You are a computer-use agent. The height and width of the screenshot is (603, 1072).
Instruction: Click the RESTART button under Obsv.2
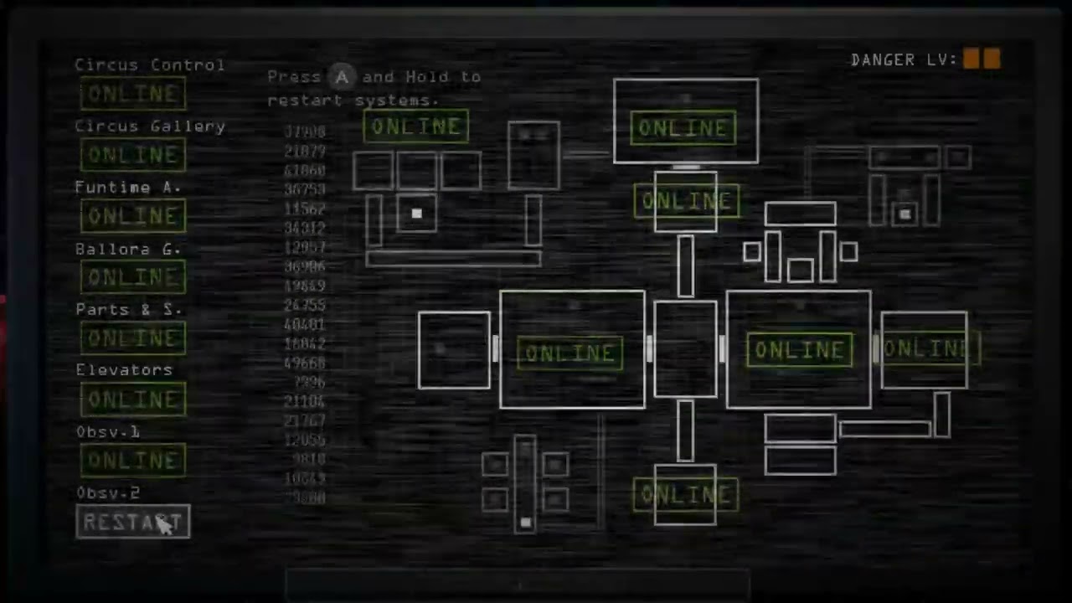(133, 523)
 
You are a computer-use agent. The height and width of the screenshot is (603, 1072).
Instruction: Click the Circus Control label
(150, 65)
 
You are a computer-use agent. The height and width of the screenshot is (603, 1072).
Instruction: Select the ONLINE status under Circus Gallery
(133, 155)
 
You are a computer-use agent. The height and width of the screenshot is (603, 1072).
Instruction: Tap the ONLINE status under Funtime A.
(133, 216)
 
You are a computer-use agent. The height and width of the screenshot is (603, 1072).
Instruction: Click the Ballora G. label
(128, 250)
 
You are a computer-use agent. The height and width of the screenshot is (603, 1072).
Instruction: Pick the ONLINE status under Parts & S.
(133, 338)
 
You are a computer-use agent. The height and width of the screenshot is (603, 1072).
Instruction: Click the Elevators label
(124, 370)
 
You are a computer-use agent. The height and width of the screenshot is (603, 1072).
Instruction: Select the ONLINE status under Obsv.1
(133, 461)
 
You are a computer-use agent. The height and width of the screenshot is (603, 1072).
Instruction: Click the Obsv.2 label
(108, 493)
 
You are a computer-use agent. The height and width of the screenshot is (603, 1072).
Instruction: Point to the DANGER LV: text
(904, 60)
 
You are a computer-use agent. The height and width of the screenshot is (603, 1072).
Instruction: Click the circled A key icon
(342, 77)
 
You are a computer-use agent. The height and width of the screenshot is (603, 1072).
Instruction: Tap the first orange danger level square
(971, 59)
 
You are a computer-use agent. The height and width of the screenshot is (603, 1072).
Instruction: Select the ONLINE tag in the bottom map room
(685, 495)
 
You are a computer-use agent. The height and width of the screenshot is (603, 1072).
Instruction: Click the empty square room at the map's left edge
(454, 350)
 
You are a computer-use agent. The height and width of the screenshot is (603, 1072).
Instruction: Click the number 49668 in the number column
(305, 363)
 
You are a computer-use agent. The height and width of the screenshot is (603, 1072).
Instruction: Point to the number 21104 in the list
(305, 402)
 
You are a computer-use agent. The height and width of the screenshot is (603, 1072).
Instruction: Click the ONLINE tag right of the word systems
(416, 127)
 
